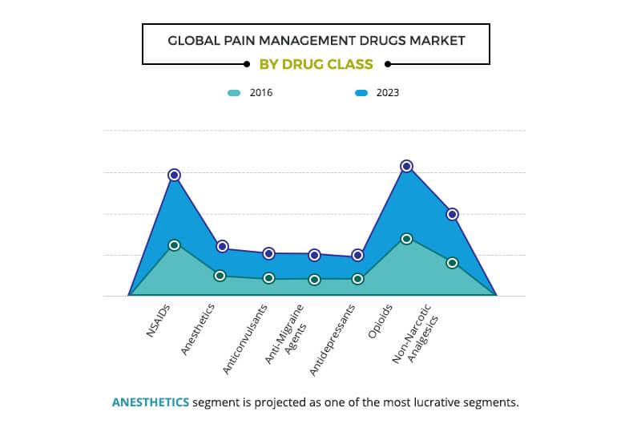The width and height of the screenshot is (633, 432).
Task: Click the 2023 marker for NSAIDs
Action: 174,175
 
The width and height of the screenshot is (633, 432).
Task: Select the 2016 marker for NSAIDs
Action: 174,244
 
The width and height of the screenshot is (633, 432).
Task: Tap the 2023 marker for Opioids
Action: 406,166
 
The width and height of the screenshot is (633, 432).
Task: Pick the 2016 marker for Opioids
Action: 406,238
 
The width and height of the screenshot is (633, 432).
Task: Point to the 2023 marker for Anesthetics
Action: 222,246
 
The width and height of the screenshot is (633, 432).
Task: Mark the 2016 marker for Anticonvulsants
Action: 268,278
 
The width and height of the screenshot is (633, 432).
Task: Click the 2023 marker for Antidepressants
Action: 357,255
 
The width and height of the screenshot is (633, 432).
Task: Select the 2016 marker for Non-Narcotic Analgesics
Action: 452,263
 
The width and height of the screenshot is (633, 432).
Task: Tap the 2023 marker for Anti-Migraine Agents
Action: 314,255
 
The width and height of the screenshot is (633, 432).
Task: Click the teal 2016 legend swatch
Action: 233,93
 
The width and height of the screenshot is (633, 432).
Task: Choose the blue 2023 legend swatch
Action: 361,93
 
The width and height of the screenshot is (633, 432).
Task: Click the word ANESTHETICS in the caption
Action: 151,402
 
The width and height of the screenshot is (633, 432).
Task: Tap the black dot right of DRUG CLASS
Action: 388,64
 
